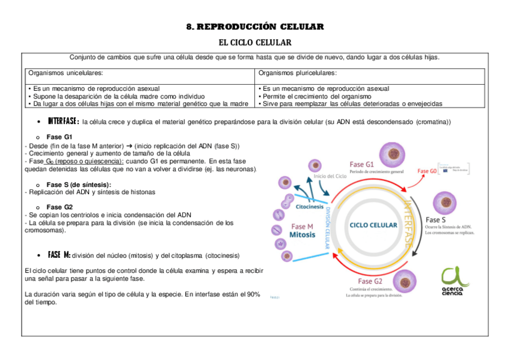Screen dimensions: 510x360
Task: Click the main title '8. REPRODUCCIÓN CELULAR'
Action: (255, 27)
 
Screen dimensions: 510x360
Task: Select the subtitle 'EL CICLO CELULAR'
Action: (254, 43)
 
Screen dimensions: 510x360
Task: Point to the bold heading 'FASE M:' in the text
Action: (59, 255)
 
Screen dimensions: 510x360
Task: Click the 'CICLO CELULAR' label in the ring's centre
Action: (373, 225)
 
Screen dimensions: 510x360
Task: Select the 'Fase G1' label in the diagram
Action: (362, 163)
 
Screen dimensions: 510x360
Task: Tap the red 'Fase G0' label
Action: (427, 171)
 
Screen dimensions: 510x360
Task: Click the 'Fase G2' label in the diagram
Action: (370, 281)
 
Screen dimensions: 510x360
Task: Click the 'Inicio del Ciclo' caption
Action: (330, 176)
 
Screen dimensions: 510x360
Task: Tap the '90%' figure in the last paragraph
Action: (253, 294)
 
